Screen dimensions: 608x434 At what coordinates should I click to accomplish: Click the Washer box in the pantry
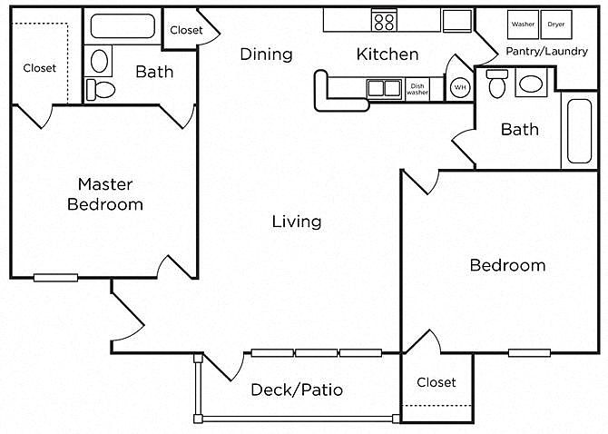click(523, 25)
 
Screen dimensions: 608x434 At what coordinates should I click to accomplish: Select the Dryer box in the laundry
click(556, 25)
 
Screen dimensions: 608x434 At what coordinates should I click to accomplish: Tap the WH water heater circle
click(460, 87)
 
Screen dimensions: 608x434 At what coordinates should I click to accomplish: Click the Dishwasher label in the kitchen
click(417, 89)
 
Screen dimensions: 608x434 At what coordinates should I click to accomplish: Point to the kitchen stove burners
click(384, 21)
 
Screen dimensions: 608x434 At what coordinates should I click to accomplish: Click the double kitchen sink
click(384, 89)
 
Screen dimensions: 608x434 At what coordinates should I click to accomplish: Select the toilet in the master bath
click(100, 90)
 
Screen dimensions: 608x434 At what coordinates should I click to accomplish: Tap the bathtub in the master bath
click(123, 26)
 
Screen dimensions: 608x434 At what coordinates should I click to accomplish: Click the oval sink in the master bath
click(99, 61)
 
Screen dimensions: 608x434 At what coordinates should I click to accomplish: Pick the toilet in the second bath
click(496, 84)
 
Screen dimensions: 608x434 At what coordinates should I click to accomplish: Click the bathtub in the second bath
click(579, 131)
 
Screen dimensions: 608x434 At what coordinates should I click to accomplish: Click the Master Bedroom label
click(105, 194)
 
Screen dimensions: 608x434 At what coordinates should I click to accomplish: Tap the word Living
click(297, 222)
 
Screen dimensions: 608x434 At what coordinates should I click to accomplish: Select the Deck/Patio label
click(297, 390)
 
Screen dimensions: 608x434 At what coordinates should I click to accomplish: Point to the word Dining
click(267, 54)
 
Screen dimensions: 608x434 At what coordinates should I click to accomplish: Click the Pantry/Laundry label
click(546, 51)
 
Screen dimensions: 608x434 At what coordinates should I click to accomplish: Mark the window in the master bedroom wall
click(56, 278)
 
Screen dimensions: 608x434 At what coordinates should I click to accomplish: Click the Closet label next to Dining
click(186, 30)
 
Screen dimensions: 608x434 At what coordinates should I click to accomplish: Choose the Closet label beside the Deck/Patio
click(436, 382)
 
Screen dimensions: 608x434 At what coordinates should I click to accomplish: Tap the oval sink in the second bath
click(531, 84)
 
